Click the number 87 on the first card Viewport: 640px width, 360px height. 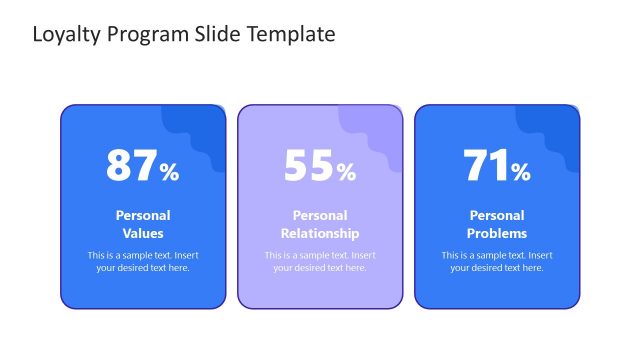click(x=131, y=166)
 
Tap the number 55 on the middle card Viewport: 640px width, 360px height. click(x=308, y=166)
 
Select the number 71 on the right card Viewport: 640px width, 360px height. click(x=485, y=166)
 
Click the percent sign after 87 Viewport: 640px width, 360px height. click(x=169, y=172)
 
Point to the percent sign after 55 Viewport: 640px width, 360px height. click(x=346, y=172)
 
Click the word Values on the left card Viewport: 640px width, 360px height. click(x=143, y=233)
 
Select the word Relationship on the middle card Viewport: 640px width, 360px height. click(x=320, y=233)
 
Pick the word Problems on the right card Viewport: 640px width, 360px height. click(x=497, y=233)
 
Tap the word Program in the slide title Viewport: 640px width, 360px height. click(x=142, y=35)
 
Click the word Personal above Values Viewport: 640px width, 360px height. click(x=143, y=215)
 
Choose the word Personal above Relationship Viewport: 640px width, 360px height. click(x=320, y=215)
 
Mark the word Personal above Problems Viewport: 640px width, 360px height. click(x=497, y=215)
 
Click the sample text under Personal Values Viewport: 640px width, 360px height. click(x=143, y=261)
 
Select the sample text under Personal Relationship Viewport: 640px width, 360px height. click(x=320, y=261)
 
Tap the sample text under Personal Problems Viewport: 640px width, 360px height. click(x=497, y=261)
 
